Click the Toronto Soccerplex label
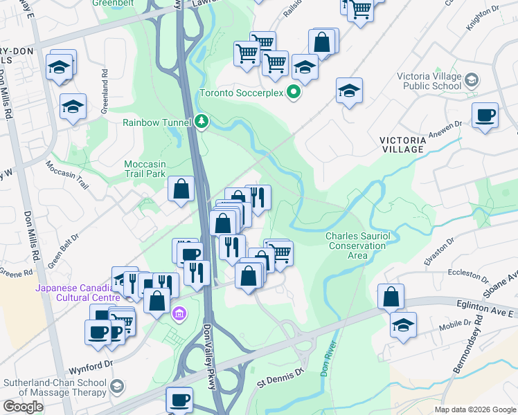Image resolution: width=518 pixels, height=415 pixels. pos(242,93)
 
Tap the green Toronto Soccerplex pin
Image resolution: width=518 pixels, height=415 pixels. pos(294,92)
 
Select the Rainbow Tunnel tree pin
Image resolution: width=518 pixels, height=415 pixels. pos(202,122)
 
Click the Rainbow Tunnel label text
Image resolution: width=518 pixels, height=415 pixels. pos(157,122)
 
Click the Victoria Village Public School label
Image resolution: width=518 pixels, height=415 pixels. pos(429,81)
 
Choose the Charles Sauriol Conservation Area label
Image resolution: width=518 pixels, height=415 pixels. pos(357,246)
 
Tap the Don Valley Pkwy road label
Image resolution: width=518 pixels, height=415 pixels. pos(208,356)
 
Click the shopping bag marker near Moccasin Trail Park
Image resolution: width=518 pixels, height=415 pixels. pos(181,189)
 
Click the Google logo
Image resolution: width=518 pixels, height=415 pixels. pos(23,407)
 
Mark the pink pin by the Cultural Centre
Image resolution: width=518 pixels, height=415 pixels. pos(179,315)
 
